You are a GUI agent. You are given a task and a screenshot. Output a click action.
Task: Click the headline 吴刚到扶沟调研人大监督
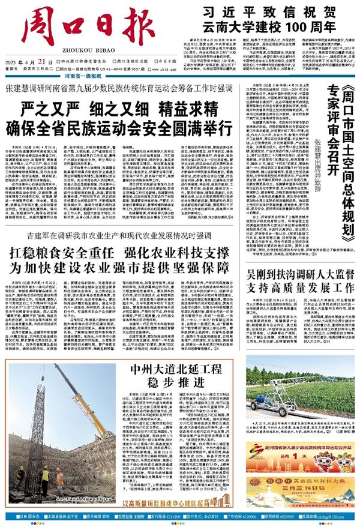pos(299,273)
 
